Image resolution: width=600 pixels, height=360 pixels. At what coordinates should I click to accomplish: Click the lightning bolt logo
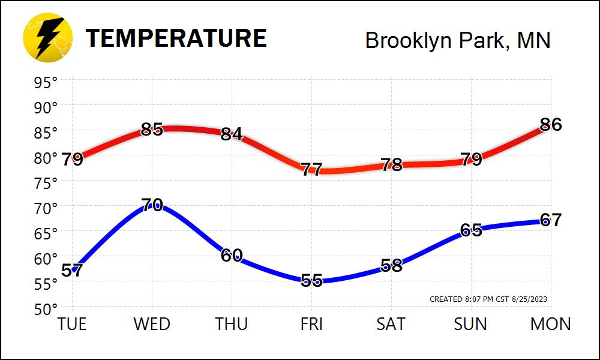pyautogui.click(x=47, y=38)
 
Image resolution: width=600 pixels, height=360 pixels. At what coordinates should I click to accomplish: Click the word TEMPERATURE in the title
pyautogui.click(x=176, y=38)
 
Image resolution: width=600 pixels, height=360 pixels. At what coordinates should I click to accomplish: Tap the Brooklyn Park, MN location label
pyautogui.click(x=457, y=40)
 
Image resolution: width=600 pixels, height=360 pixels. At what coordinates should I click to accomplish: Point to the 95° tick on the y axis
pyautogui.click(x=46, y=82)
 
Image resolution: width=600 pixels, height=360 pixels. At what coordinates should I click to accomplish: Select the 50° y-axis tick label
pyautogui.click(x=46, y=310)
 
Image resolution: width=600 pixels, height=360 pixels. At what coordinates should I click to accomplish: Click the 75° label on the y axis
pyautogui.click(x=46, y=183)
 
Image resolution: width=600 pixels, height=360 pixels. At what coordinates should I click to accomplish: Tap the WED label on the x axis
pyautogui.click(x=152, y=325)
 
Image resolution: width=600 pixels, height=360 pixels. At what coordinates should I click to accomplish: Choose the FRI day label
pyautogui.click(x=311, y=325)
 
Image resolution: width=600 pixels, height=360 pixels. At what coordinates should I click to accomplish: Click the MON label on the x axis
pyautogui.click(x=550, y=325)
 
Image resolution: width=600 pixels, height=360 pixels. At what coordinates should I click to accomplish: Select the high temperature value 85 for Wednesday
pyautogui.click(x=152, y=129)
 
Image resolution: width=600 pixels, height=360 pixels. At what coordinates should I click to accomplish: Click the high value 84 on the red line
pyautogui.click(x=232, y=134)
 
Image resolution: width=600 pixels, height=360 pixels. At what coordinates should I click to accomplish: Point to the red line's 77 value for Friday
pyautogui.click(x=311, y=169)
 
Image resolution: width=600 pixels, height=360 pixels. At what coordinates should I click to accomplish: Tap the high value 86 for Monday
pyautogui.click(x=550, y=125)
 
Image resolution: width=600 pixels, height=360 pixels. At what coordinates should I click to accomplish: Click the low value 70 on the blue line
pyautogui.click(x=152, y=205)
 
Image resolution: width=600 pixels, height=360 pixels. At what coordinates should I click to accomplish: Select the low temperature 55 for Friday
pyautogui.click(x=311, y=280)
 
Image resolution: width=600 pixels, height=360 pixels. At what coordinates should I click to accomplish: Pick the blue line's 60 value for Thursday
pyautogui.click(x=232, y=255)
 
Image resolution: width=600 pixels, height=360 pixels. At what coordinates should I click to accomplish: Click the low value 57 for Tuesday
pyautogui.click(x=71, y=271)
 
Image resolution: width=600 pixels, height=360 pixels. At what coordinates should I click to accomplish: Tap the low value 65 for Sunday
pyautogui.click(x=471, y=230)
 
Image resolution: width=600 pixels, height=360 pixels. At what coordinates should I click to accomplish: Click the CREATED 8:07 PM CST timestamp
pyautogui.click(x=488, y=299)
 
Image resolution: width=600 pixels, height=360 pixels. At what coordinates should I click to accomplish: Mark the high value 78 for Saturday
pyautogui.click(x=391, y=164)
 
